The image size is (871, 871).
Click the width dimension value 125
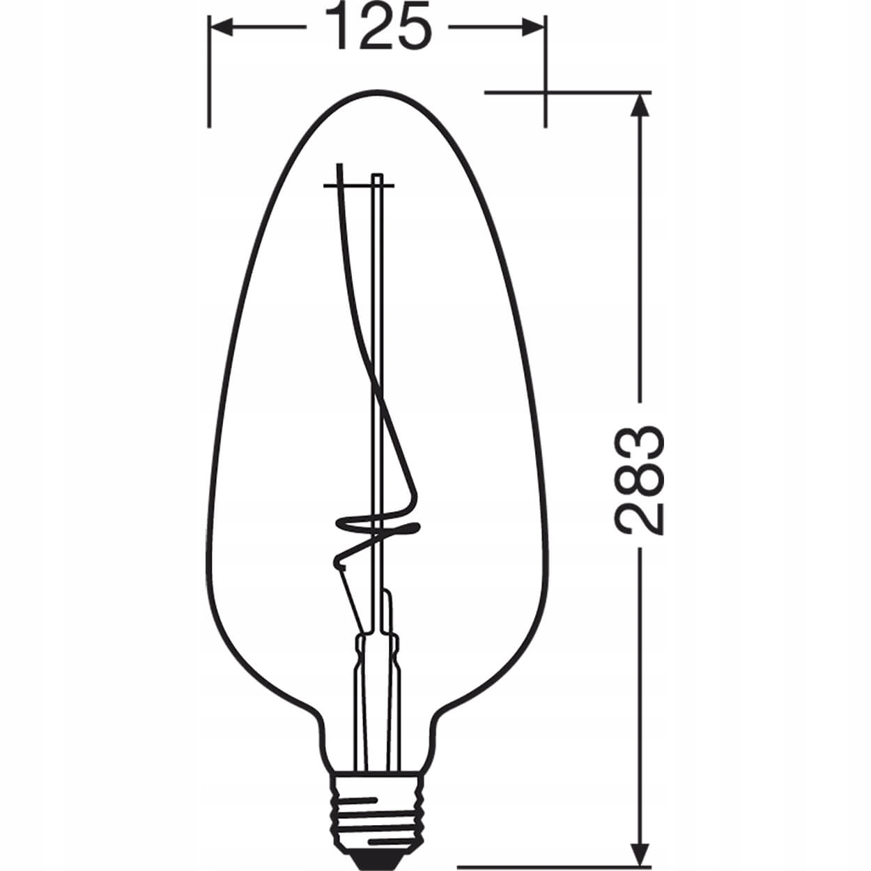click(x=377, y=28)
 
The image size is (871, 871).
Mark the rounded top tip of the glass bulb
click(x=377, y=92)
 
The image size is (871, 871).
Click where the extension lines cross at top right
click(x=545, y=92)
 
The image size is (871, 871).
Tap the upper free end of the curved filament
click(x=339, y=167)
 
